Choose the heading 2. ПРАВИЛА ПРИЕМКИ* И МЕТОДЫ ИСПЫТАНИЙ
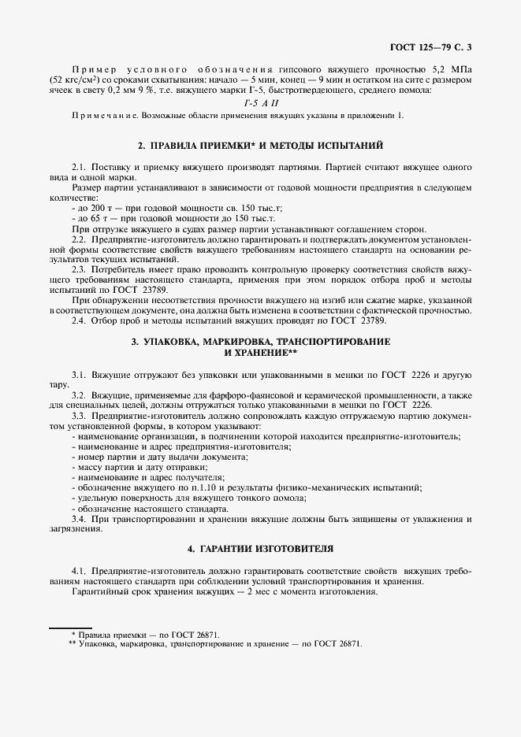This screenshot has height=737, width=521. pos(260,146)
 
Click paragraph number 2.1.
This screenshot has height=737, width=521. pos(79,168)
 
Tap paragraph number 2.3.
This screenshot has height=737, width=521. pos(79,269)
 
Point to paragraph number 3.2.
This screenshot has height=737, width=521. pos(79,393)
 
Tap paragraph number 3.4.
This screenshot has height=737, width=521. pos(79,519)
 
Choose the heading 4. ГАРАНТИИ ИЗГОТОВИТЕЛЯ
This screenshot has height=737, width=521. pos(260,547)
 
